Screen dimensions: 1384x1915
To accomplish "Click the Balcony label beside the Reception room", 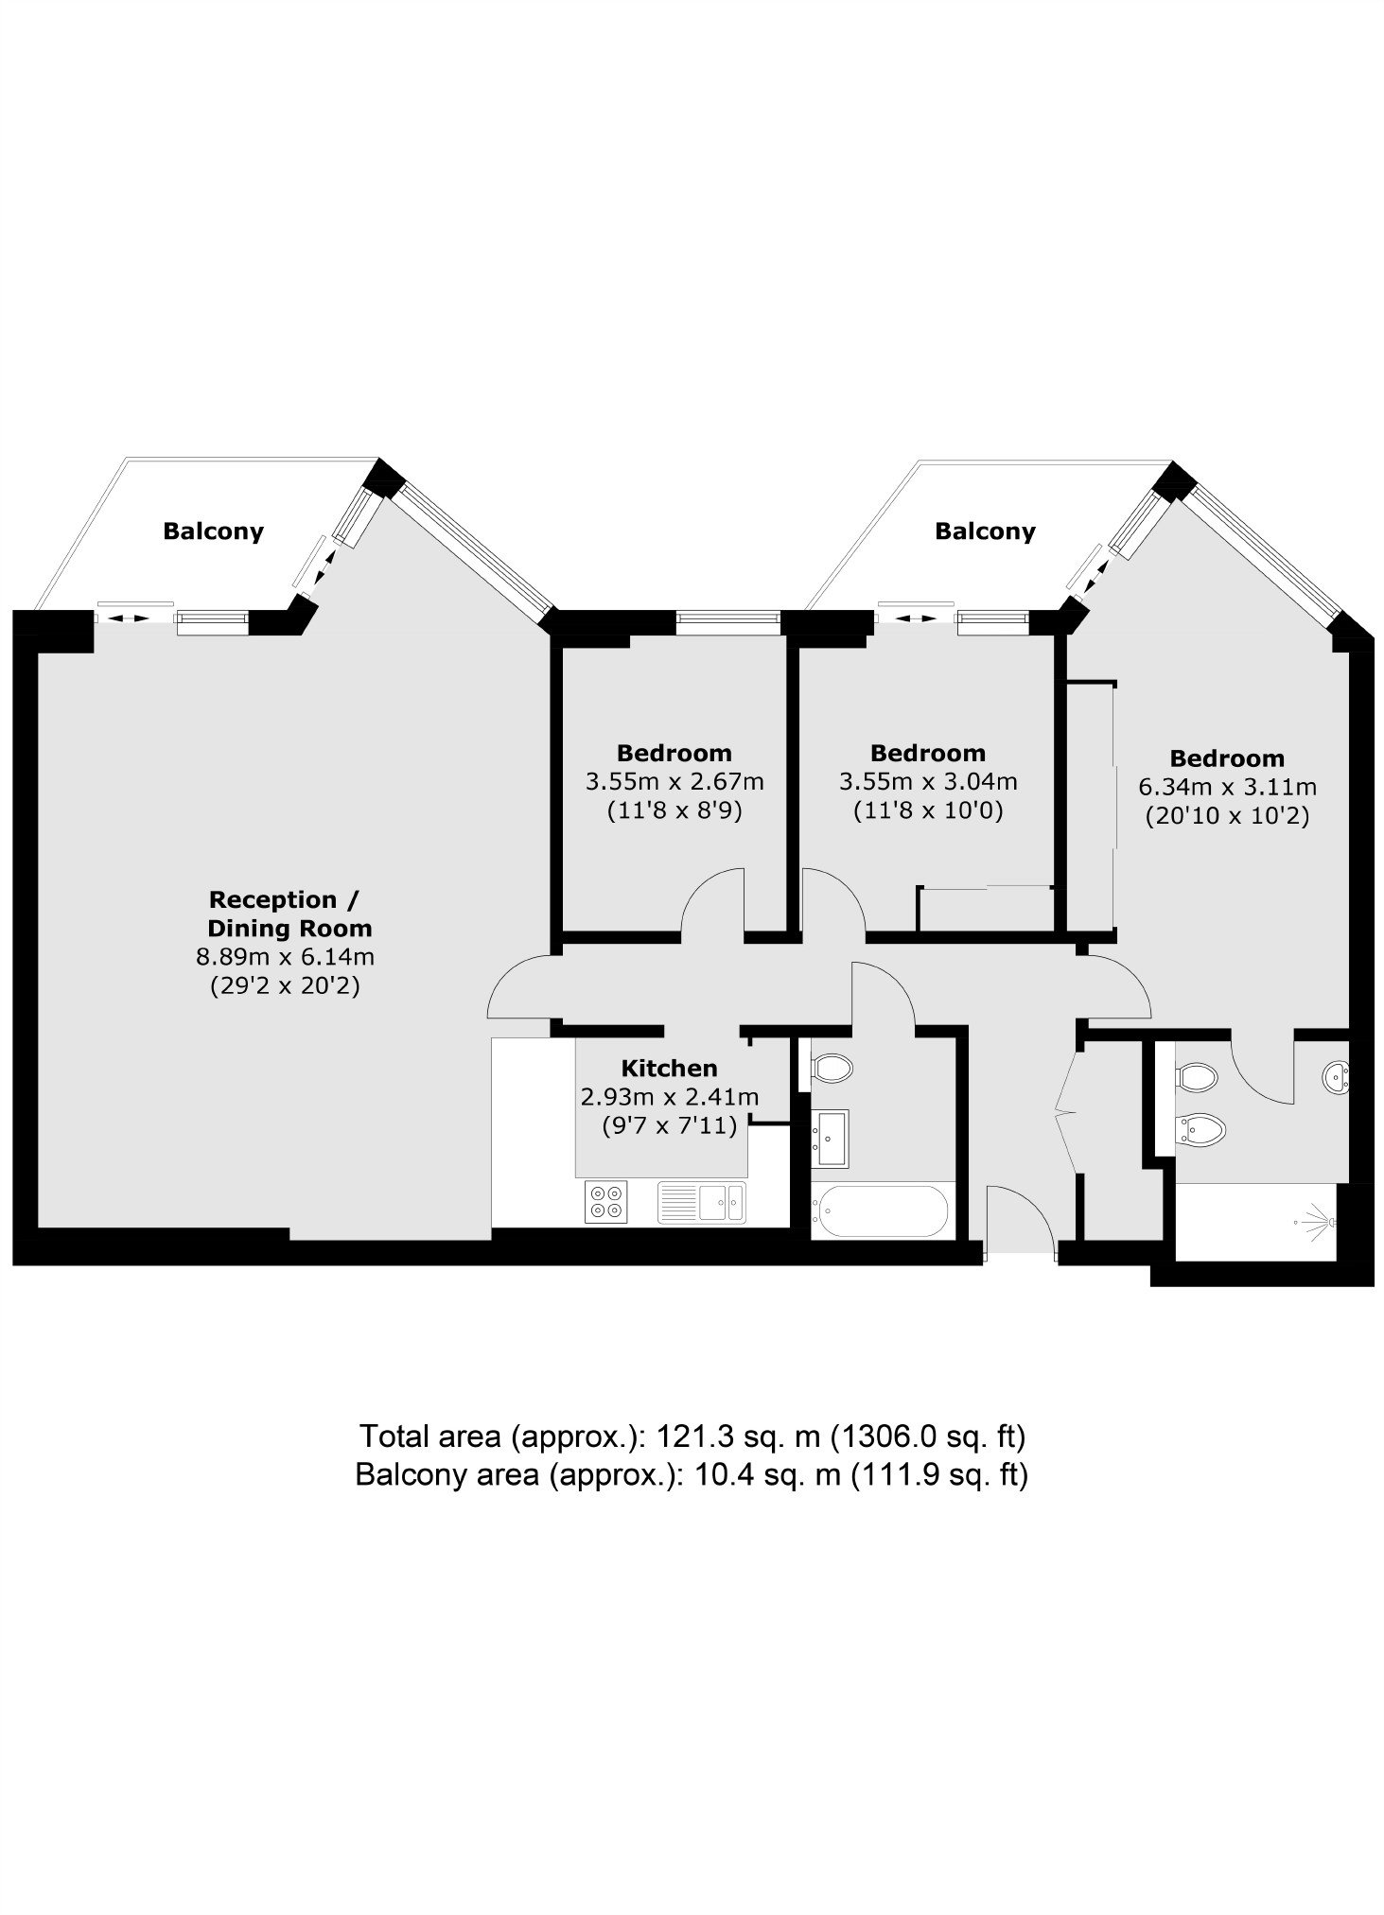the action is (213, 531).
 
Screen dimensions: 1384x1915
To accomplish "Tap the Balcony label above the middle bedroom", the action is (985, 531).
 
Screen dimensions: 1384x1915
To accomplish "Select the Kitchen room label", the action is (669, 1068).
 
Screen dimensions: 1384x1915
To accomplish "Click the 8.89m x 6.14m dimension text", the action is (285, 956).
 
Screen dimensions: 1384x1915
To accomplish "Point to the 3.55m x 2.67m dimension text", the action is (674, 781).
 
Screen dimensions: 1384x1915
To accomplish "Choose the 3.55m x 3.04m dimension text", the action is (928, 781).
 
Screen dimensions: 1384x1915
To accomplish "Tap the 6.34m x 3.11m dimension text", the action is (1228, 786).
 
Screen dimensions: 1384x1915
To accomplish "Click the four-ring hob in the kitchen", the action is (606, 1202).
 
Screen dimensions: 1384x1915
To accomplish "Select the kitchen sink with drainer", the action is (702, 1202).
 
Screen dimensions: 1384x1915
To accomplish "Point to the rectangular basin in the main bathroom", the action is (831, 1138).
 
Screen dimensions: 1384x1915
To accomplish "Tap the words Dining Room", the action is (289, 928).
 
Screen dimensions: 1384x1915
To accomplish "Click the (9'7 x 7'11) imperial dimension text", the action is (669, 1125).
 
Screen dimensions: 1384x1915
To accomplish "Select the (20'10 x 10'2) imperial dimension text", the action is (1227, 815).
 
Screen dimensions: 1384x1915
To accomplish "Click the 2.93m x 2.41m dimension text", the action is (669, 1097).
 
